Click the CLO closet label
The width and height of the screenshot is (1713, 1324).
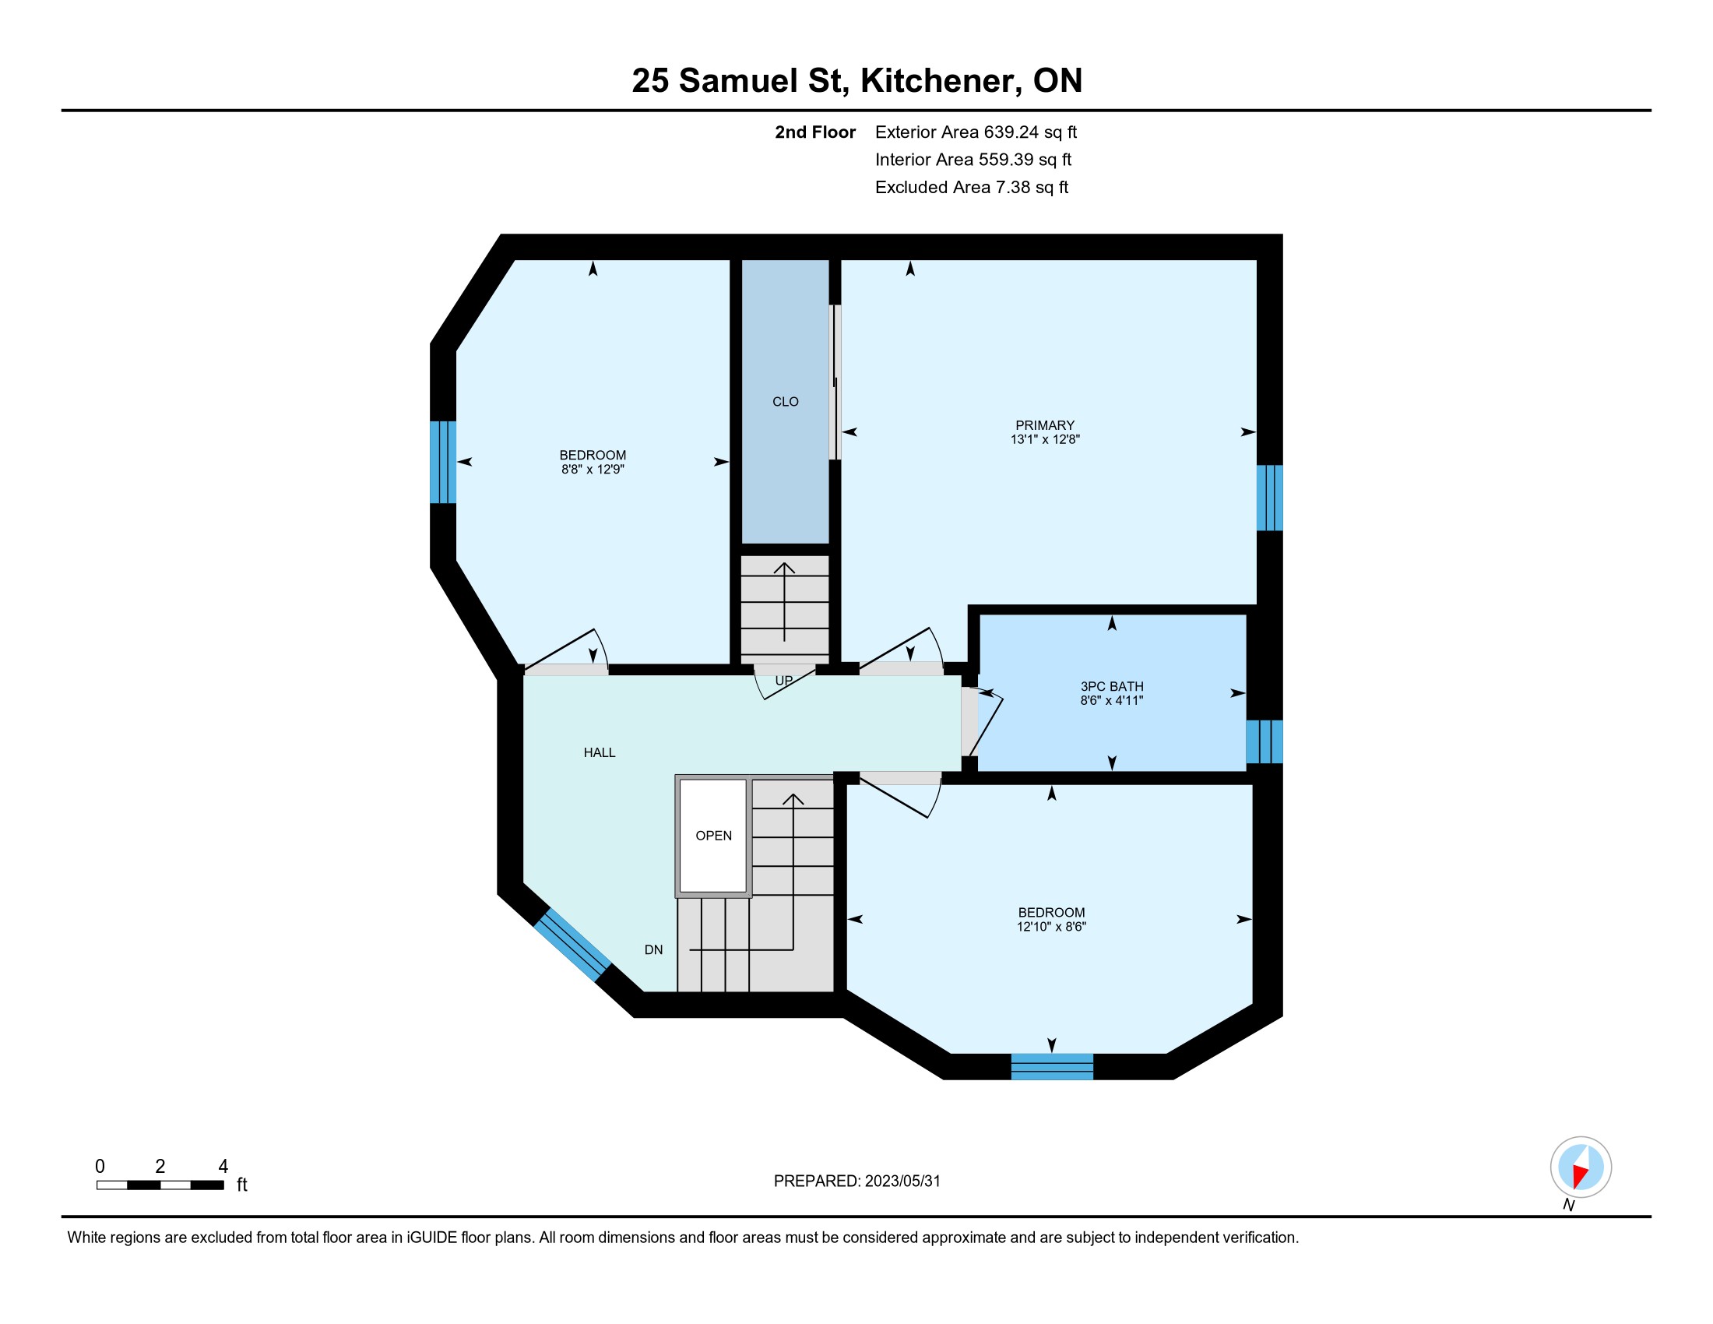[785, 402]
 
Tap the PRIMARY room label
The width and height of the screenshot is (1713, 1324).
[1045, 425]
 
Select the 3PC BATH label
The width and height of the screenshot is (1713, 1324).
[1111, 686]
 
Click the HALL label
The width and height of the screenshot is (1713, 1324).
[600, 752]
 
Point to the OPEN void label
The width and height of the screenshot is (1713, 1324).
[714, 836]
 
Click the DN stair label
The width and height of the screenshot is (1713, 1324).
[653, 949]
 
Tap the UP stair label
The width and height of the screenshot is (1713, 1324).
[783, 681]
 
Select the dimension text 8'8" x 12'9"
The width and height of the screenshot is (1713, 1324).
[593, 469]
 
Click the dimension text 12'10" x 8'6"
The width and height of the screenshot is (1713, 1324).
[1051, 926]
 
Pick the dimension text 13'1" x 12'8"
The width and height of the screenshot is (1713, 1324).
[1045, 439]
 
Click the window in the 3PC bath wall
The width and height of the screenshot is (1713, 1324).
[1265, 741]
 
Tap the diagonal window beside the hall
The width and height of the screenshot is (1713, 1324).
[572, 945]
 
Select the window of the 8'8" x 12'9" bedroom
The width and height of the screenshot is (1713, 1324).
[443, 462]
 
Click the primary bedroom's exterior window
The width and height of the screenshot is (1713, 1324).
[1270, 498]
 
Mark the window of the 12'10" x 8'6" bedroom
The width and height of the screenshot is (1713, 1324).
[1052, 1067]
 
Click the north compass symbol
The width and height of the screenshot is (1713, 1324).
[1581, 1167]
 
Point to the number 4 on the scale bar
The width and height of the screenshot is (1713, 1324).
[223, 1167]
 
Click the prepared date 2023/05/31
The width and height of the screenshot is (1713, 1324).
[902, 1181]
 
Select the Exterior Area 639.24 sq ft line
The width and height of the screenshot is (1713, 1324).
[976, 132]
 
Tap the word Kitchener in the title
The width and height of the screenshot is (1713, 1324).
[941, 81]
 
